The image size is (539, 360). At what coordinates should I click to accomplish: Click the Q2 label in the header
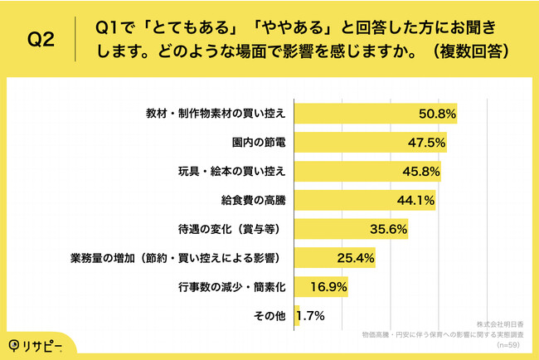pos(41,39)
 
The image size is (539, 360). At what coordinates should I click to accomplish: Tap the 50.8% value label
pos(437,113)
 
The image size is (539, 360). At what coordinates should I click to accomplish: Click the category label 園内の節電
pos(260,142)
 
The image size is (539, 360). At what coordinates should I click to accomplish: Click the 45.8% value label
pos(420,171)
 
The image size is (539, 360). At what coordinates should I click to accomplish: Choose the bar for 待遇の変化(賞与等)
pos(332,229)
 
